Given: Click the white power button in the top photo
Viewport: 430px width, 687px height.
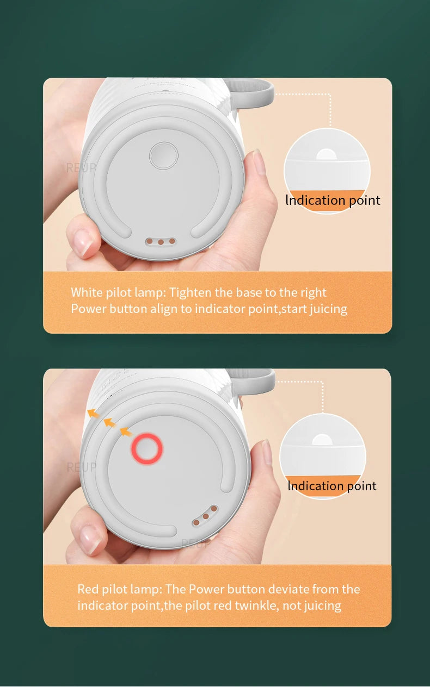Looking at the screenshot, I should click(x=164, y=155).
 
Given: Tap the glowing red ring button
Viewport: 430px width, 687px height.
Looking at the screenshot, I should click(x=147, y=449).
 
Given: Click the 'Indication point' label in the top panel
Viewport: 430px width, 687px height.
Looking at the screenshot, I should click(x=333, y=200).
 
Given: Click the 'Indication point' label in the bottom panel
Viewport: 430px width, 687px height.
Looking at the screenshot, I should click(x=331, y=485).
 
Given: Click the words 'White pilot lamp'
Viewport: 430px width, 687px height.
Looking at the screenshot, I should click(x=117, y=292).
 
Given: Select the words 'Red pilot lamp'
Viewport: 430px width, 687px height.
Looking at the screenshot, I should click(x=119, y=589).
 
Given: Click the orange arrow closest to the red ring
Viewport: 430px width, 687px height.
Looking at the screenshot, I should click(x=126, y=432).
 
